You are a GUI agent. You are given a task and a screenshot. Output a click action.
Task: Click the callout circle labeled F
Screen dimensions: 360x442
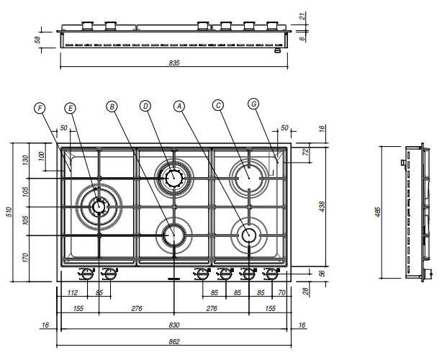pyautogui.click(x=40, y=108)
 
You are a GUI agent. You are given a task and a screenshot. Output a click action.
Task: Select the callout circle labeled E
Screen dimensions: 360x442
pyautogui.click(x=70, y=108)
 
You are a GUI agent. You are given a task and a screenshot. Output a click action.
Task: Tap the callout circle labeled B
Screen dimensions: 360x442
pyautogui.click(x=111, y=106)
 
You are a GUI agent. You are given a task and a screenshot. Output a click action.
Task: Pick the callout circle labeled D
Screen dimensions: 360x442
pyautogui.click(x=145, y=106)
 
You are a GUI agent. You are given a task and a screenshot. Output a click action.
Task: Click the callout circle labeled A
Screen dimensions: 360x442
pyautogui.click(x=180, y=106)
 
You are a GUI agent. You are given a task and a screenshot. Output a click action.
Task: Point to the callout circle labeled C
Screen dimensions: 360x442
pyautogui.click(x=218, y=104)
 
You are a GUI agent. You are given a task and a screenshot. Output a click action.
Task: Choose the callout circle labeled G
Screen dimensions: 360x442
pyautogui.click(x=253, y=104)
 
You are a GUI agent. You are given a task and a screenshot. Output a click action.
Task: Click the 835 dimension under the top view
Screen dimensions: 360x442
pyautogui.click(x=174, y=63)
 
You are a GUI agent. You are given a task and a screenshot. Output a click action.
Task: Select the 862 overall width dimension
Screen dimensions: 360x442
pyautogui.click(x=174, y=341)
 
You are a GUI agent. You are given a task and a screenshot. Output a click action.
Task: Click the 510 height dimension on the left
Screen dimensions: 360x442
pyautogui.click(x=9, y=211)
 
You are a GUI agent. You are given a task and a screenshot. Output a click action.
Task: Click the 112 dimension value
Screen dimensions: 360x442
pyautogui.click(x=72, y=293)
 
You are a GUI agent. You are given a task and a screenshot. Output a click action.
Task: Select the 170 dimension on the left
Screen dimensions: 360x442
pyautogui.click(x=25, y=257)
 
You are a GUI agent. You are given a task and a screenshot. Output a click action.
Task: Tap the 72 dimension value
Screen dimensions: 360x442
pyautogui.click(x=305, y=153)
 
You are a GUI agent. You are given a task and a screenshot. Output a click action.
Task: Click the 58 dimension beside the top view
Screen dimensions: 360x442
pyautogui.click(x=37, y=40)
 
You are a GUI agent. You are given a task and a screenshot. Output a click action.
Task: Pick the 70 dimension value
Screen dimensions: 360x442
pyautogui.click(x=281, y=293)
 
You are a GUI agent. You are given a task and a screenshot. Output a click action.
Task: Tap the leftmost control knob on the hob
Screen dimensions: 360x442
pyautogui.click(x=86, y=274)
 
